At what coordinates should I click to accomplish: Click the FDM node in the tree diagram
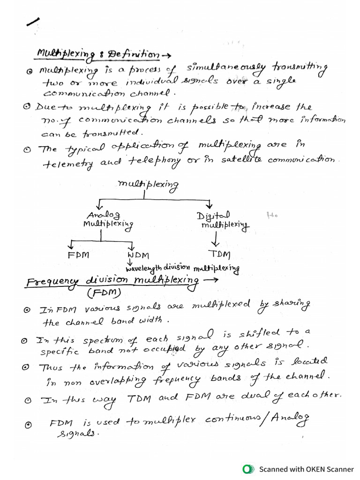78,255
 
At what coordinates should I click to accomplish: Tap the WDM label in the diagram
138,255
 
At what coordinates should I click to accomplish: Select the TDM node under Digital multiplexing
219,255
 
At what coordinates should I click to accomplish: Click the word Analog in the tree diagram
107,215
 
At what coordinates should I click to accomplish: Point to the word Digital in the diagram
213,215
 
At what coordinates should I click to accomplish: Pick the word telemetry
63,164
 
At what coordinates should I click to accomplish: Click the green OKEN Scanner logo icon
247,469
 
